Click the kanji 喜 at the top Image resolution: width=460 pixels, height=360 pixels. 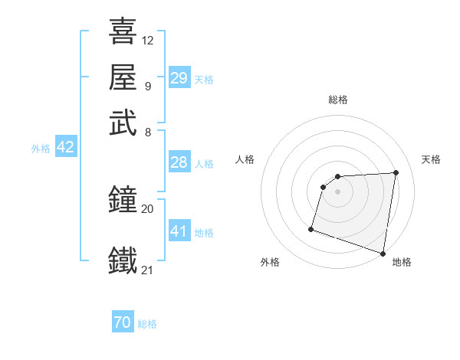click(123, 31)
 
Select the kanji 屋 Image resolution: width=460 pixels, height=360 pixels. click(123, 77)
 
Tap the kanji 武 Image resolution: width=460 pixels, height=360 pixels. click(123, 123)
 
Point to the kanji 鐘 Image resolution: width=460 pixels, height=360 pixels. click(123, 201)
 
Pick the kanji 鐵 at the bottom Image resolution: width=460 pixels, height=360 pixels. click(123, 260)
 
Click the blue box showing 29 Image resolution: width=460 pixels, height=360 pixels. click(179, 78)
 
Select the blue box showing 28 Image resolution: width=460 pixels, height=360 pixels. click(179, 162)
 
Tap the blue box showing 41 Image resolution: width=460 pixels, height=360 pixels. click(179, 231)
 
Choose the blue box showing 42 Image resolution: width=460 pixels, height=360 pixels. click(65, 148)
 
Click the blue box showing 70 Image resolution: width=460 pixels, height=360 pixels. click(123, 323)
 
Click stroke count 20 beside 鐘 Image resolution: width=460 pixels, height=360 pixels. click(148, 208)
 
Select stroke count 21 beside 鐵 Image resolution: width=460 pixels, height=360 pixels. click(148, 270)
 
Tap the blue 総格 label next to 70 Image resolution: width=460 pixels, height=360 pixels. click(147, 324)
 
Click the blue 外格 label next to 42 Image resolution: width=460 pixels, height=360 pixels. click(41, 149)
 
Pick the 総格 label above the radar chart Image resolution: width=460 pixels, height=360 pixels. click(338, 100)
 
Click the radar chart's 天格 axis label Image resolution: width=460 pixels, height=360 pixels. click(431, 159)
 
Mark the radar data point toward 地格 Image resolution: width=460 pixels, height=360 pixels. click(383, 253)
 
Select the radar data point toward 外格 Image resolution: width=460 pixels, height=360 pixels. click(311, 228)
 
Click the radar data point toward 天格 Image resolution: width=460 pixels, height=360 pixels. click(396, 172)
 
